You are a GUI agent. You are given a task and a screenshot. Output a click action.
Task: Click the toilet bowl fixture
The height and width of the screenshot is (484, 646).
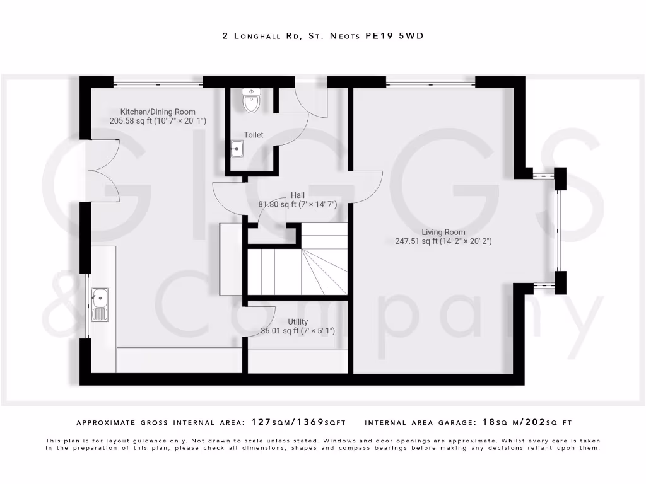251,101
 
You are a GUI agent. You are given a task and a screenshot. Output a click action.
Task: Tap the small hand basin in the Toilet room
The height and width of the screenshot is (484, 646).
238,149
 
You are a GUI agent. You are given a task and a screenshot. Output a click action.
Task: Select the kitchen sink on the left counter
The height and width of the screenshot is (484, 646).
100,304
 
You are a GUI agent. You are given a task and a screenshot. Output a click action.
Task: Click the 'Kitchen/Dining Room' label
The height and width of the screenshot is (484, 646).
158,112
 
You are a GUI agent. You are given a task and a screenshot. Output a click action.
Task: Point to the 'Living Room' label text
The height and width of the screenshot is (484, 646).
443,232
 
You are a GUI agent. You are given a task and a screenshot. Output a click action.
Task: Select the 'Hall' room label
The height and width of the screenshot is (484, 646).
298,195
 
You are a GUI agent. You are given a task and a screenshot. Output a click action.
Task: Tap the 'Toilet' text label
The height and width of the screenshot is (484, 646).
254,135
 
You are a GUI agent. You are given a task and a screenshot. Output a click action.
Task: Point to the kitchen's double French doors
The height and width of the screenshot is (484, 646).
101,170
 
